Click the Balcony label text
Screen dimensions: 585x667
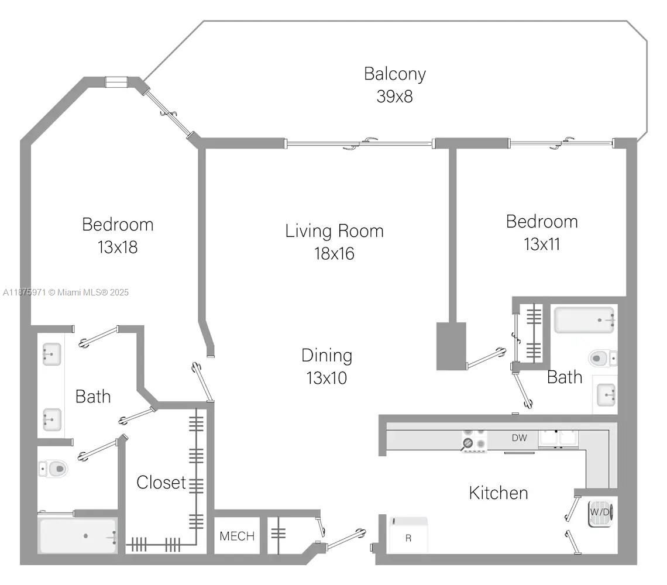[394, 74]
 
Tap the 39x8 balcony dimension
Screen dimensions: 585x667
[394, 96]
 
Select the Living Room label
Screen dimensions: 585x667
[334, 230]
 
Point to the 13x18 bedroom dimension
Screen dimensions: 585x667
[118, 247]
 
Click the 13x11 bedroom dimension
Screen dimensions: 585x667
[541, 244]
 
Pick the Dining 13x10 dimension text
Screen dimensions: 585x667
[326, 378]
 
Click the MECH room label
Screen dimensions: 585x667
[237, 536]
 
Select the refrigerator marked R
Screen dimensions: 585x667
[409, 535]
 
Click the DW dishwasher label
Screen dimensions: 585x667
[519, 437]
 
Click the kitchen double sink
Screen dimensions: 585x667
[558, 438]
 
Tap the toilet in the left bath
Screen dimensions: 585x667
[54, 468]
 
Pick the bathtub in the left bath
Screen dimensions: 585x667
[77, 536]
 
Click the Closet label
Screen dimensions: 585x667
[161, 483]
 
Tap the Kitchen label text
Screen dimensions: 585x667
[498, 493]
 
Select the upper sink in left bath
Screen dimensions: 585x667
[51, 355]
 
